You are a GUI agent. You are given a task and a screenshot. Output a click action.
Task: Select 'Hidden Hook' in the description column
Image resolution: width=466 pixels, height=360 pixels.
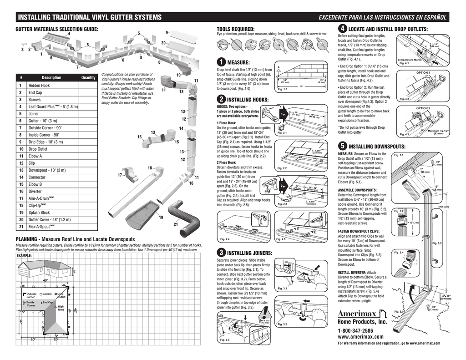(39, 85)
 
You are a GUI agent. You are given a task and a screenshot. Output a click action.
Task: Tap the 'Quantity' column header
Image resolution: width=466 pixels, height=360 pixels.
(88, 78)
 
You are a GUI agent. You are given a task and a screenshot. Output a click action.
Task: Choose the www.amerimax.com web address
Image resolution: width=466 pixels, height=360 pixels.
(360, 337)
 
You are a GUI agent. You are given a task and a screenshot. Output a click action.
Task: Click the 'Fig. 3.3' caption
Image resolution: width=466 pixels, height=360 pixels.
(224, 340)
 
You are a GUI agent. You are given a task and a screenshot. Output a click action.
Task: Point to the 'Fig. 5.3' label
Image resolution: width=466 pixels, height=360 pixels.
(437, 243)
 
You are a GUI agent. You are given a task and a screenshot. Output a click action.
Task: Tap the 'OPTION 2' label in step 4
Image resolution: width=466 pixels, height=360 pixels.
(423, 108)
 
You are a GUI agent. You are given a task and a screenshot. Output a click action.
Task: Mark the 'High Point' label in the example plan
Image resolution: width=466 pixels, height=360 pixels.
(61, 308)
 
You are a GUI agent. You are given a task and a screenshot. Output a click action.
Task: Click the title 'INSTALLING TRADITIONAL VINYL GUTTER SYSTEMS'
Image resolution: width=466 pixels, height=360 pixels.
(90, 18)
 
